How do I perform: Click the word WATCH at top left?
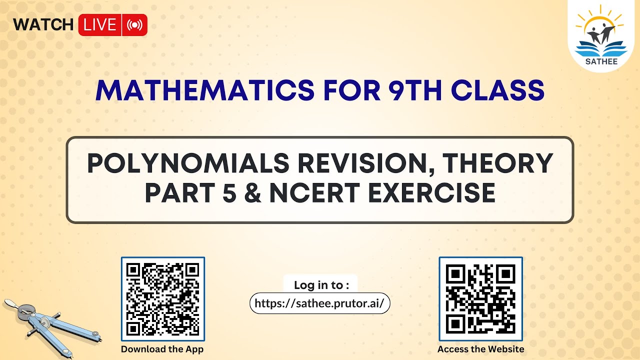pyautogui.click(x=43, y=24)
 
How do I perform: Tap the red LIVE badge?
pyautogui.click(x=100, y=25)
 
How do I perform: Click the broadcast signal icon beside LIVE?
pyautogui.click(x=134, y=25)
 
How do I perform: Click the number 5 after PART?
pyautogui.click(x=229, y=193)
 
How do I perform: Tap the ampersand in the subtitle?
pyautogui.click(x=253, y=193)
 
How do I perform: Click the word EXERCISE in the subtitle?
pyautogui.click(x=431, y=193)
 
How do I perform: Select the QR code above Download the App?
pyautogui.click(x=163, y=299)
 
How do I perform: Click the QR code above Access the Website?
pyautogui.click(x=480, y=299)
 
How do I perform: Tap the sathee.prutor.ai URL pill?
pyautogui.click(x=319, y=303)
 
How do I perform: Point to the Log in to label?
pyautogui.click(x=320, y=285)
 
